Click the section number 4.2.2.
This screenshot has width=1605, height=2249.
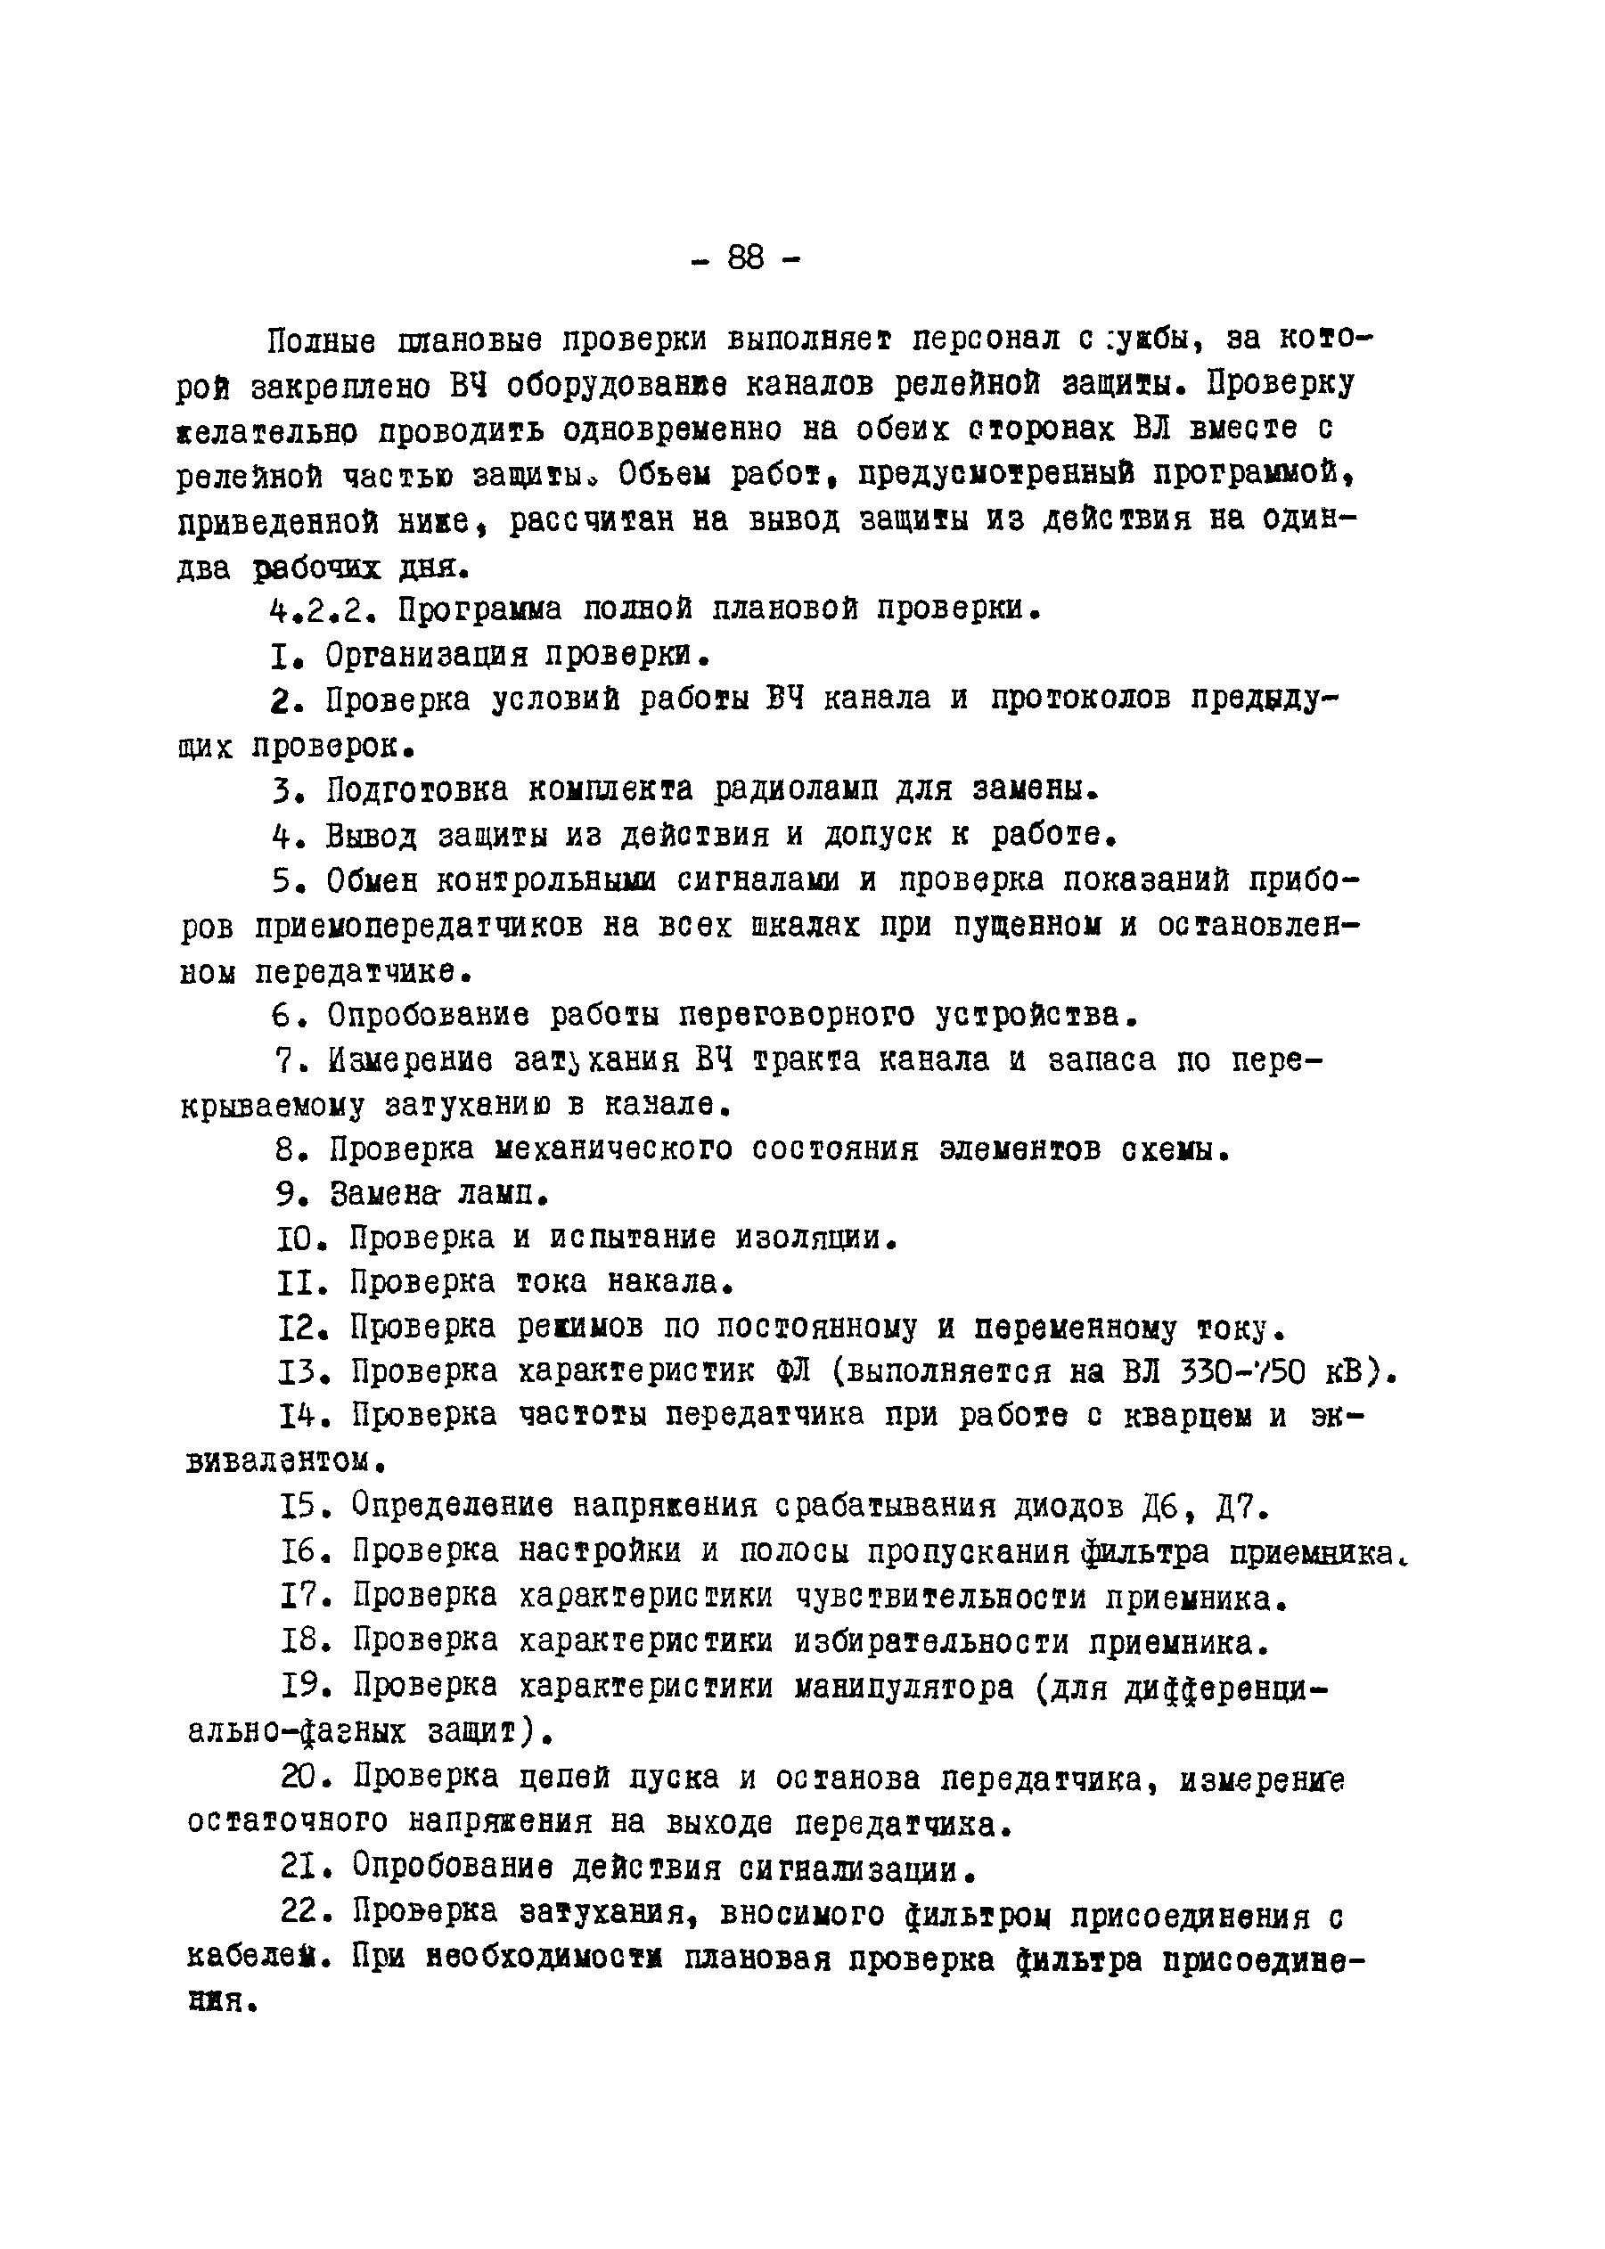pos(323,609)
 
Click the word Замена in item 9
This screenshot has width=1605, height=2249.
pos(383,1195)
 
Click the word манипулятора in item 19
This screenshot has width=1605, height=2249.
pos(905,1688)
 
